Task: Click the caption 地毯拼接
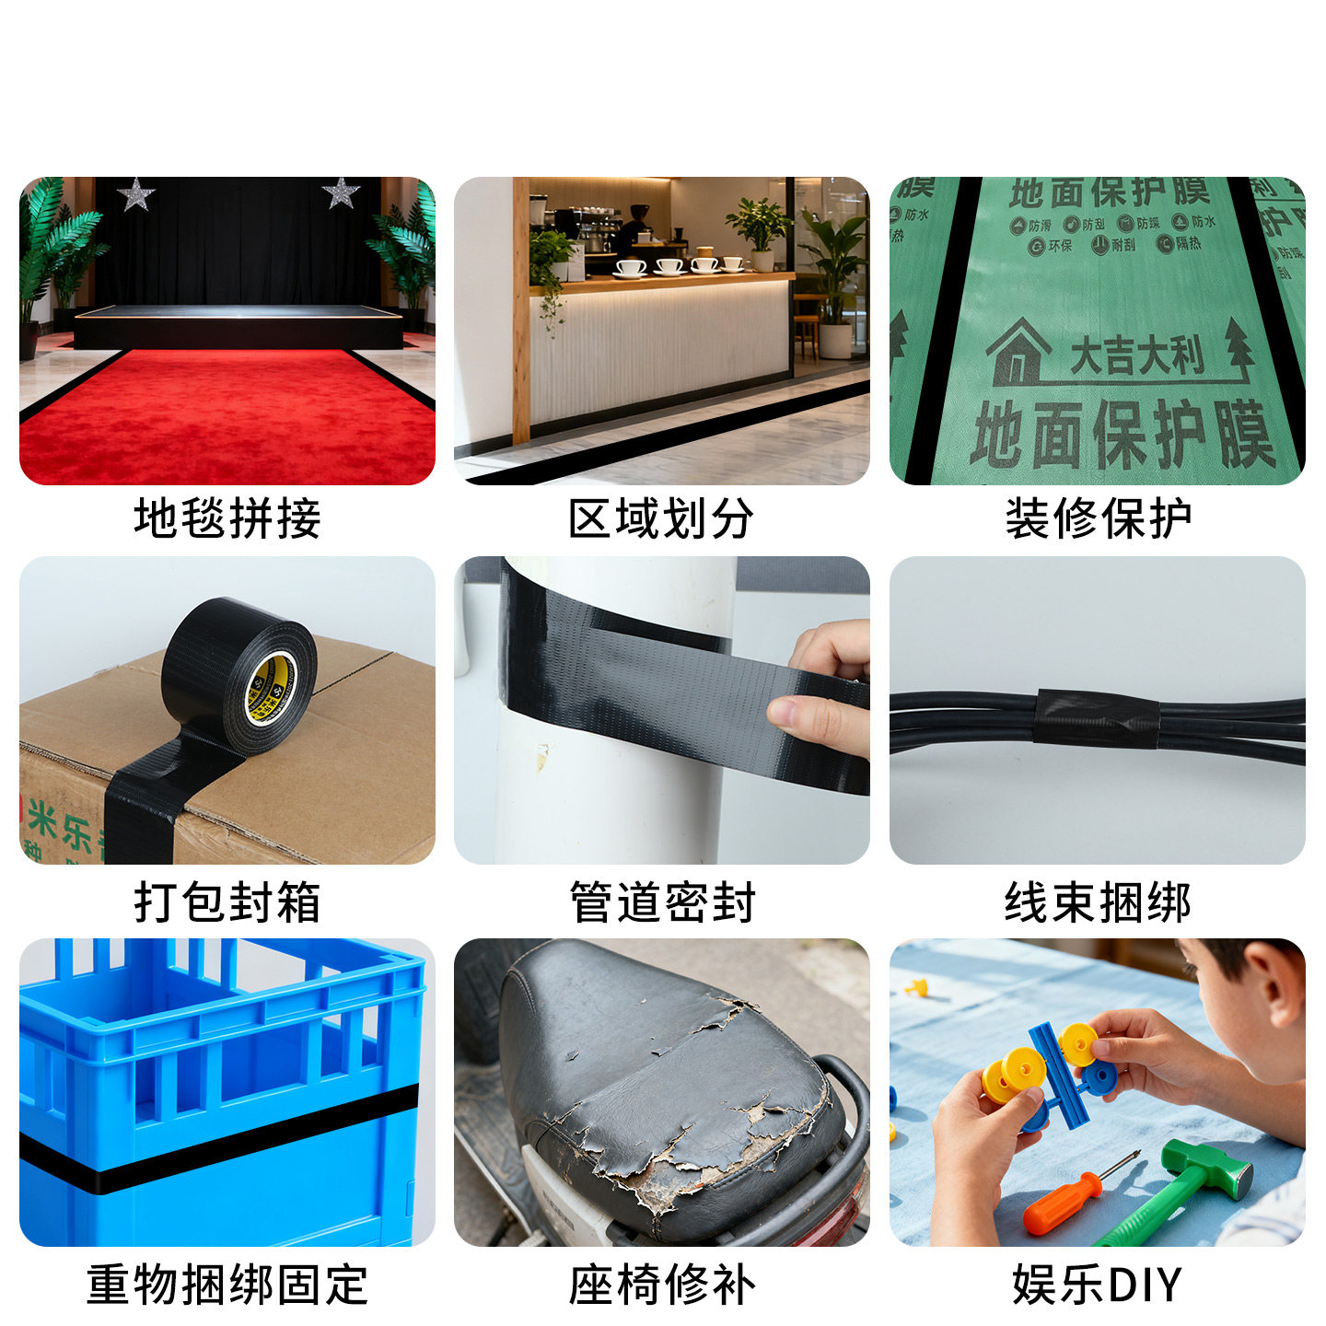click(227, 518)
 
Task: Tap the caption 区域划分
click(661, 518)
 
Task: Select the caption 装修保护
click(1098, 518)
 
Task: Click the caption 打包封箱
click(227, 901)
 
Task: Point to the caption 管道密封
click(661, 901)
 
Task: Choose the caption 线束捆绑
click(1098, 901)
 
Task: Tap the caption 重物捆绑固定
click(227, 1285)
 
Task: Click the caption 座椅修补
click(661, 1285)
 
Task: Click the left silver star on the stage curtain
click(136, 194)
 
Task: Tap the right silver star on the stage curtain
click(341, 192)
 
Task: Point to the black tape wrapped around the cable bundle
click(1096, 718)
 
